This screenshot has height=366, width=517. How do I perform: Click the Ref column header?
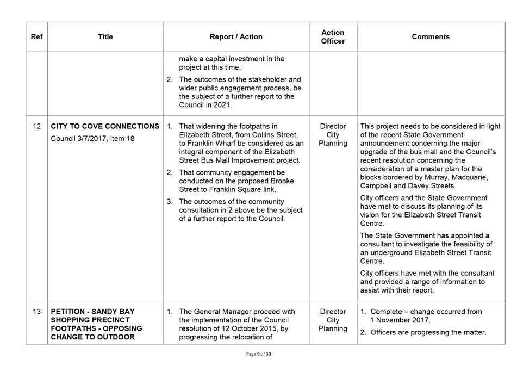point(36,37)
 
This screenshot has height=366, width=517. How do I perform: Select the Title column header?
point(105,37)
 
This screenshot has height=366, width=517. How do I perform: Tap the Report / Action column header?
point(236,37)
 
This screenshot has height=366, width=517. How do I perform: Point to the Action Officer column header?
point(333,37)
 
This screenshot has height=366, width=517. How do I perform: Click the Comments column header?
point(431,37)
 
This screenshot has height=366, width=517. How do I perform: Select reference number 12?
point(36,127)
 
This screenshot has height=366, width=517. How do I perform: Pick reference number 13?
point(36,312)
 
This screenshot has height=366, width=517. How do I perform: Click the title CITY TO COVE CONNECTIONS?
point(105,127)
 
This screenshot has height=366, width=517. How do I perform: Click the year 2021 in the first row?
point(222,105)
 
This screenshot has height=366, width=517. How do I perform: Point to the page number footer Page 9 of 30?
point(264,354)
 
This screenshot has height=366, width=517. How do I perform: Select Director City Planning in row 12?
point(333,135)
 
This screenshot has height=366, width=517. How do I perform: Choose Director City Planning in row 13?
point(333,320)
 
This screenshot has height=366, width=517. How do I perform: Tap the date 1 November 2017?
point(401,320)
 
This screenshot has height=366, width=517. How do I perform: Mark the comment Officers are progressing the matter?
point(428,332)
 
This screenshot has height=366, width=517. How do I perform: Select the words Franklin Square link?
point(239,190)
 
